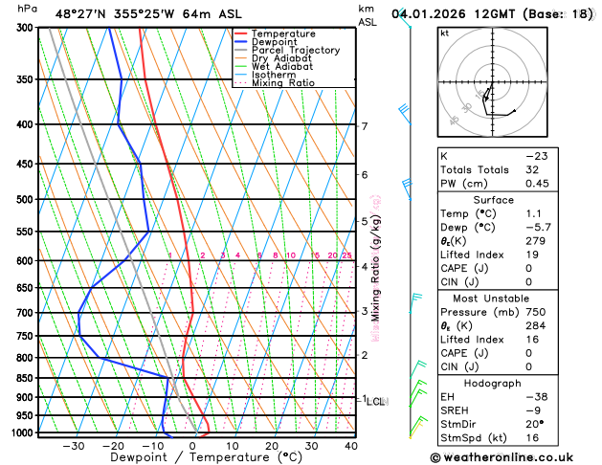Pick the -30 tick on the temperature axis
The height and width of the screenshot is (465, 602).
coord(73,446)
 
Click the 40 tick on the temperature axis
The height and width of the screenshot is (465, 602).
coord(350,446)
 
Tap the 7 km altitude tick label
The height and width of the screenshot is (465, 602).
coord(365,126)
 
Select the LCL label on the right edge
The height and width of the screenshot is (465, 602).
coord(375,402)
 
